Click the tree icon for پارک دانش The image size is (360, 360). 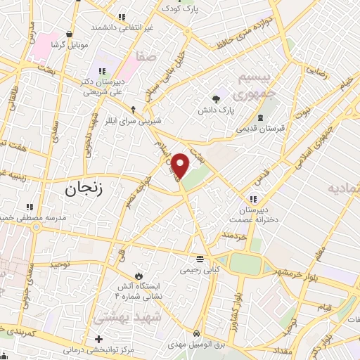[217, 99]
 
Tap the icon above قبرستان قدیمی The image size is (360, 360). [260, 116]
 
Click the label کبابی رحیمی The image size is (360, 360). [201, 269]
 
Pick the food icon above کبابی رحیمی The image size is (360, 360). [201, 257]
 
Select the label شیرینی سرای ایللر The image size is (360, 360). [134, 120]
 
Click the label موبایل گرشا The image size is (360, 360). [69, 44]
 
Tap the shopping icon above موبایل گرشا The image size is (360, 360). [69, 33]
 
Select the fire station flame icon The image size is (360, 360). [138, 274]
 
